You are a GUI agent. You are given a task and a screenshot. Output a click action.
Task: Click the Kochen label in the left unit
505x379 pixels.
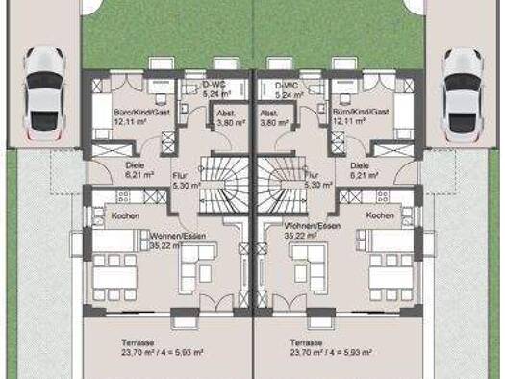coord(125,215)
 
